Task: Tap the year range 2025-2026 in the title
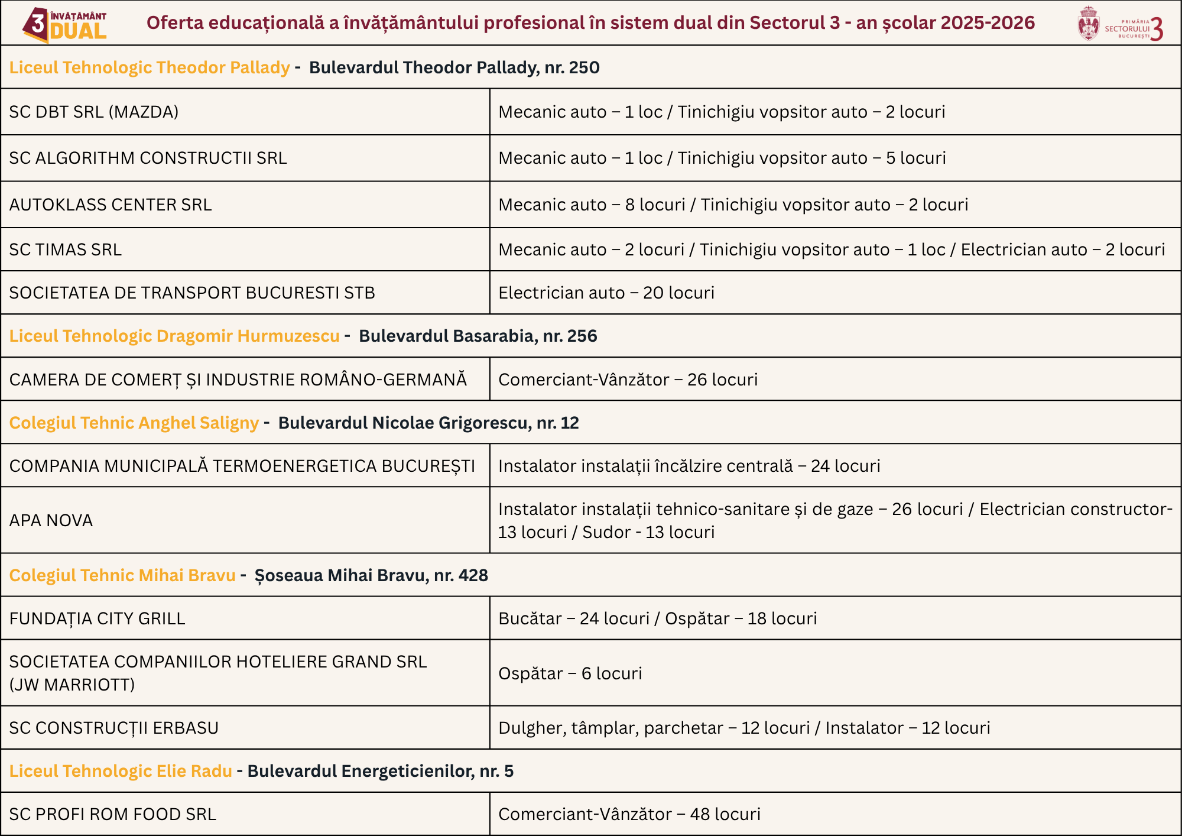(x=988, y=22)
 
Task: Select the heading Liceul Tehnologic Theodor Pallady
(x=150, y=67)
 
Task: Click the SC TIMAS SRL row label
(x=66, y=249)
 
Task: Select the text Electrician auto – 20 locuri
(x=606, y=293)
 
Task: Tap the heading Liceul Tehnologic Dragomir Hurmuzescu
(x=174, y=336)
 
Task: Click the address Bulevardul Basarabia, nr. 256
(x=478, y=336)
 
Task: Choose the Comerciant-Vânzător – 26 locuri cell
(x=628, y=380)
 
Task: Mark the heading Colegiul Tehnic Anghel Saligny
(x=134, y=423)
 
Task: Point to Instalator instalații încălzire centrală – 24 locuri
(x=689, y=466)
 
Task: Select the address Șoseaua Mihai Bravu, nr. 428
(x=371, y=575)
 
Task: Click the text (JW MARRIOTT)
(x=72, y=685)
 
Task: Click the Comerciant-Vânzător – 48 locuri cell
(x=629, y=814)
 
